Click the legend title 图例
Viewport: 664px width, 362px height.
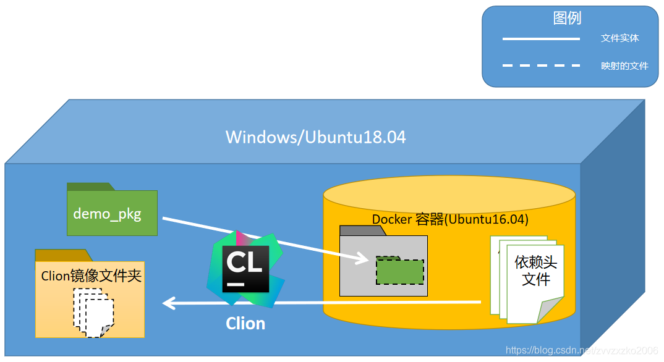567,18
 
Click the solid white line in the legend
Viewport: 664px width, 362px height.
541,39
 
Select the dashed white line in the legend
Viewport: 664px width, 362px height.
541,65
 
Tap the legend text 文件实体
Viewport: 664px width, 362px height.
619,38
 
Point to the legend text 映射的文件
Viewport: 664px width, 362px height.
624,65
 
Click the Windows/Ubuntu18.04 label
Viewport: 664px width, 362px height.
315,137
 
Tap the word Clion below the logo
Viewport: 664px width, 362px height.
245,323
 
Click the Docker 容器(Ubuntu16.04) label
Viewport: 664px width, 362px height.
449,219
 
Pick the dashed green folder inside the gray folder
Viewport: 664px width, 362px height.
399,271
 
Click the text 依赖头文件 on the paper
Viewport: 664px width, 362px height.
535,271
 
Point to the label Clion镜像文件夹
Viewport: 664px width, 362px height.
91,276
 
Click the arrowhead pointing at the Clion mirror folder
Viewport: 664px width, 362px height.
168,303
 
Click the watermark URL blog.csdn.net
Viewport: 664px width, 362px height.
581,351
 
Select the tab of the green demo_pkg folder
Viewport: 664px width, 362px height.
90,186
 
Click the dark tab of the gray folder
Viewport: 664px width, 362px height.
362,230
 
